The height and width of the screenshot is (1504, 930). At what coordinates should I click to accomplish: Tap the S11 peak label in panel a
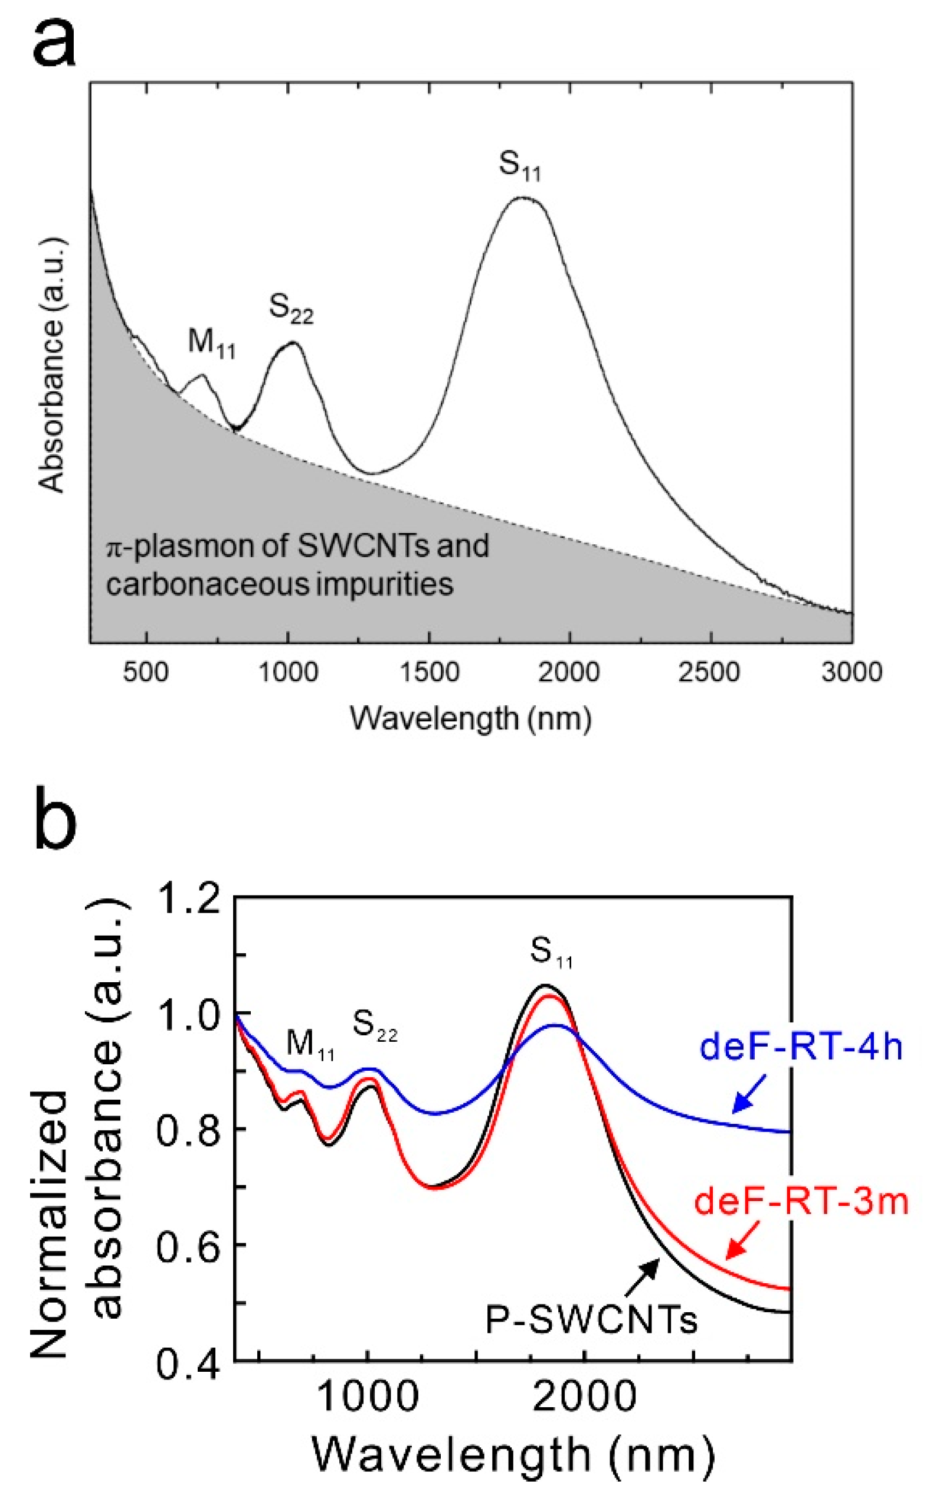519,166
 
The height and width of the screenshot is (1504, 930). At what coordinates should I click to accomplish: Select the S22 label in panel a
291,308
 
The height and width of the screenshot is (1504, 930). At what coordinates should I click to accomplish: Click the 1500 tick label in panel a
429,672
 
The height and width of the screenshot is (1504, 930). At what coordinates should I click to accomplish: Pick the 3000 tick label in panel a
852,672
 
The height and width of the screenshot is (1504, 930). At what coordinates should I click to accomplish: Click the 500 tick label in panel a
145,672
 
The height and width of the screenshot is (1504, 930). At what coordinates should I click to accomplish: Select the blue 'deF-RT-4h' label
801,1047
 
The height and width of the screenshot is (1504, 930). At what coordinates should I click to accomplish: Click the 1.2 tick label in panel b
188,900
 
